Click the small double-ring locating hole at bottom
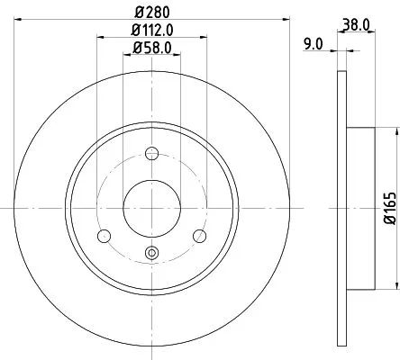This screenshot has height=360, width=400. click(x=151, y=254)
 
